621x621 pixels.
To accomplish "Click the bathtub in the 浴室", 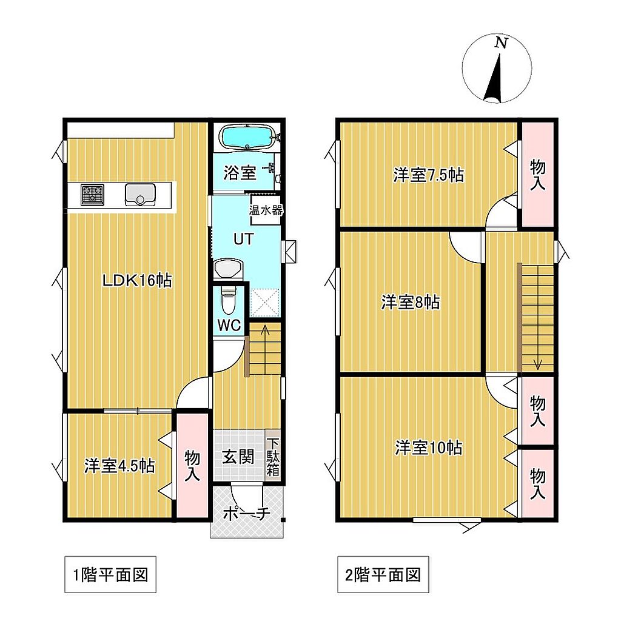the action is point(247,136).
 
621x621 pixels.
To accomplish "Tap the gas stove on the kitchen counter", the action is point(93,195).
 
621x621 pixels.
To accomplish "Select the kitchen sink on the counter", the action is point(140,195).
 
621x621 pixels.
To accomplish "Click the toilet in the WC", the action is point(228,300).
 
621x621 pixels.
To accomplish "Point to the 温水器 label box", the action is point(266,210).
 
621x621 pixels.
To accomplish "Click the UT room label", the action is point(243,239).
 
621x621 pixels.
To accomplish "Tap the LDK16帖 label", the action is point(137,281).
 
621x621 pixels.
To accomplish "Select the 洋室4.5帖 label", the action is point(119,466).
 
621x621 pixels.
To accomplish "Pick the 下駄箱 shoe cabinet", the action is point(273,455).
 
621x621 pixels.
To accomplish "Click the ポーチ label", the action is point(246,514).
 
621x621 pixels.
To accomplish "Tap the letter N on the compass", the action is point(501,42).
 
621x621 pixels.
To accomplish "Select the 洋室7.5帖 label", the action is point(429,175).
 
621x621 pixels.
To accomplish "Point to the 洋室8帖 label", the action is point(411,302).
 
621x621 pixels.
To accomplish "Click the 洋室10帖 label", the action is point(429,448).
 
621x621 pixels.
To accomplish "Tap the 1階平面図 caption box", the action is point(110,575).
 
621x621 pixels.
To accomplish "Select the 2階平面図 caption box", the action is point(383,575).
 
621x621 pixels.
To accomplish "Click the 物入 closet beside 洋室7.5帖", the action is point(537,174).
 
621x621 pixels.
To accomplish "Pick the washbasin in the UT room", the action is point(228,269).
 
